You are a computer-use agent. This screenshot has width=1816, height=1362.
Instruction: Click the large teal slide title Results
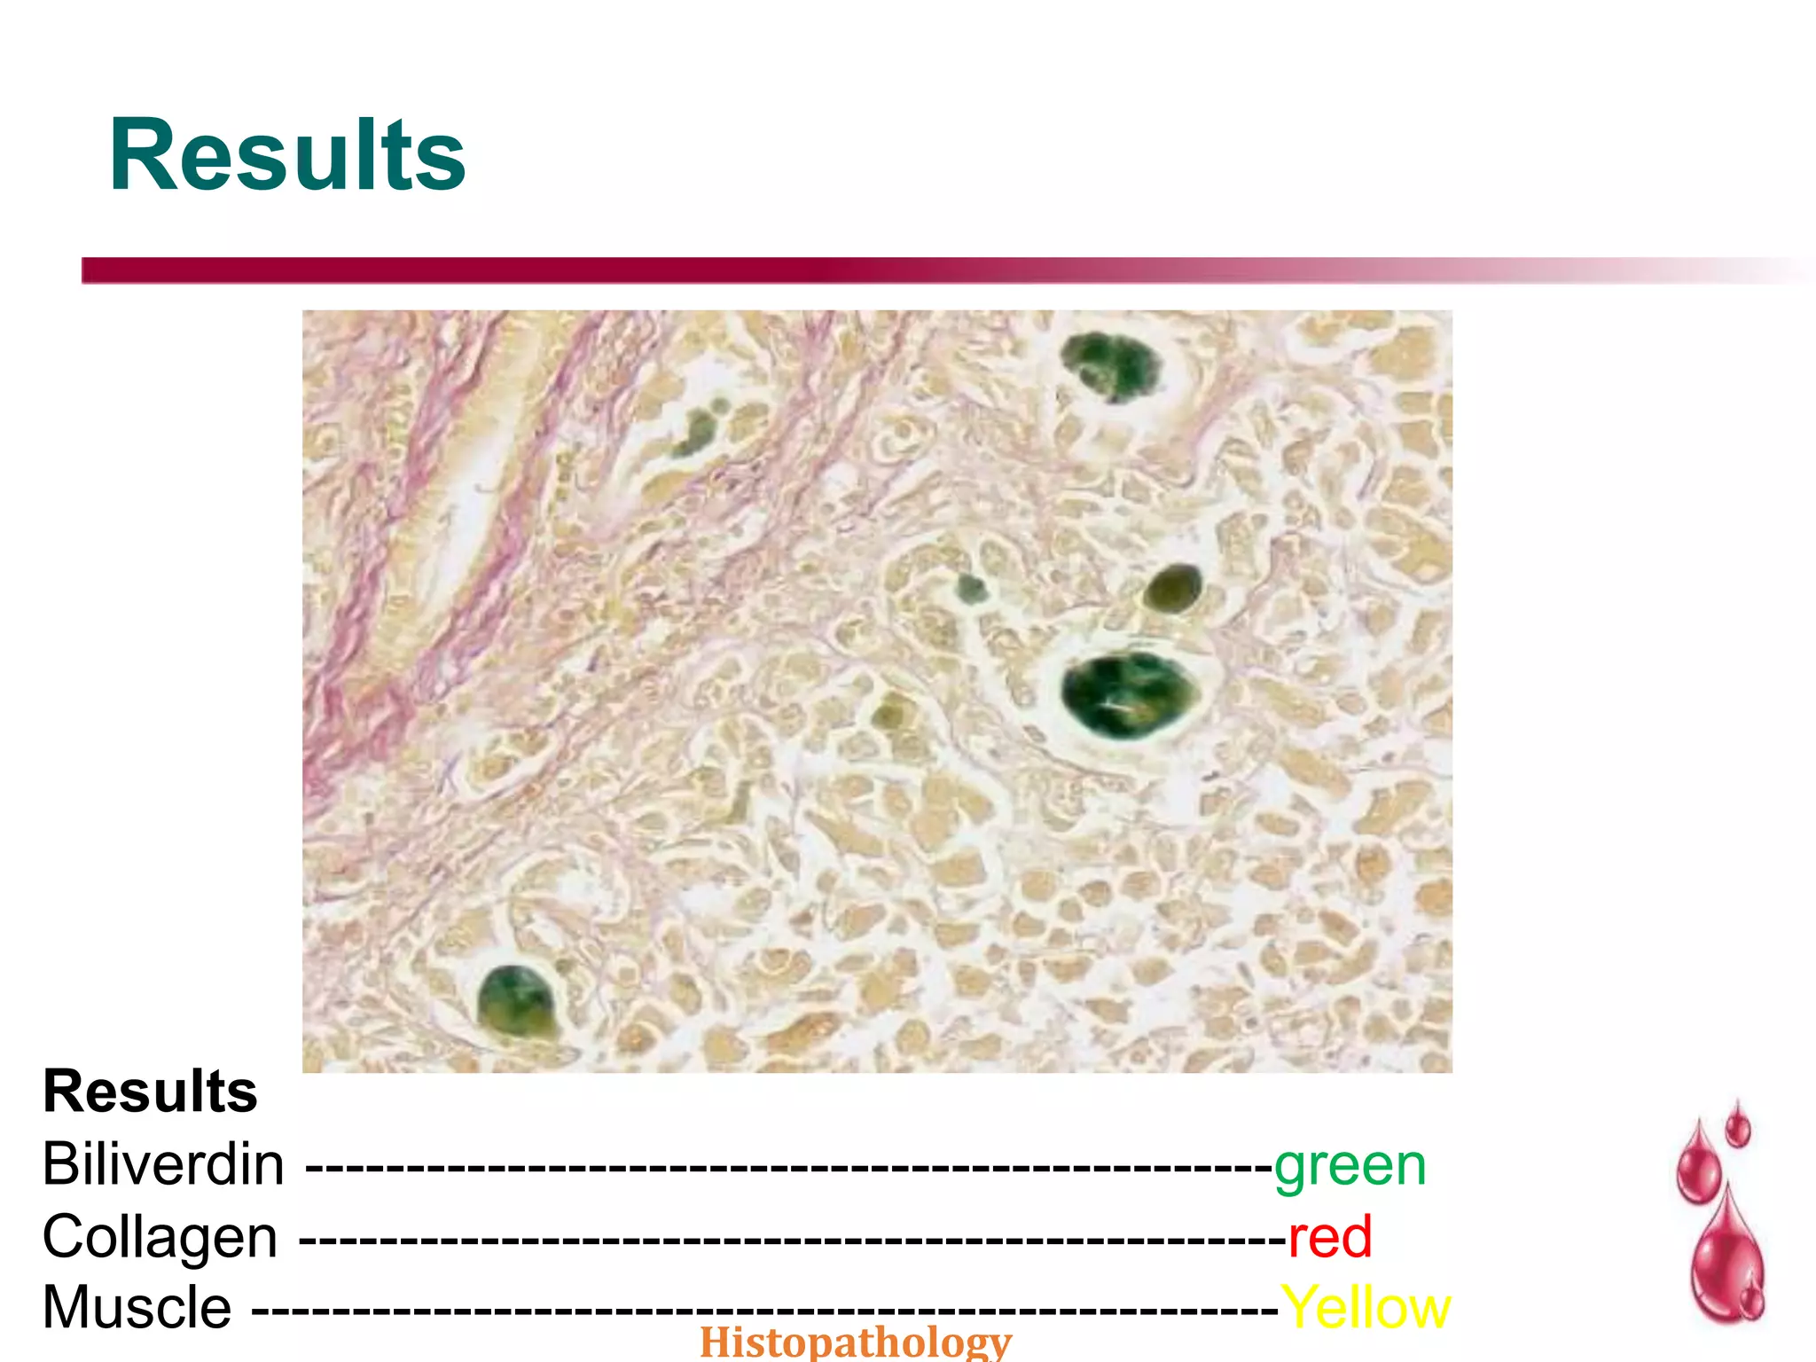click(x=287, y=155)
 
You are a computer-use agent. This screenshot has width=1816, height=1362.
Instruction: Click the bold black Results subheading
click(x=150, y=1091)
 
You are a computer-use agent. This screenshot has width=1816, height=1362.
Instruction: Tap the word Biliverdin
click(x=163, y=1163)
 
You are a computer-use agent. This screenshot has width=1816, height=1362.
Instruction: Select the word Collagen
click(x=160, y=1236)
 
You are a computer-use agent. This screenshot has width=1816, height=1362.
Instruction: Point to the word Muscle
click(x=137, y=1307)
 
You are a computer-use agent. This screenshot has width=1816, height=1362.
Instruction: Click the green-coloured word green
click(x=1350, y=1165)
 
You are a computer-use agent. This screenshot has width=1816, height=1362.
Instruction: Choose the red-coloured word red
click(x=1329, y=1237)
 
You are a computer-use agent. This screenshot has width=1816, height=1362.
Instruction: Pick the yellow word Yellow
click(x=1366, y=1307)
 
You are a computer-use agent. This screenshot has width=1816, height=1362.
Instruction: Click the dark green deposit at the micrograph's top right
click(x=1110, y=364)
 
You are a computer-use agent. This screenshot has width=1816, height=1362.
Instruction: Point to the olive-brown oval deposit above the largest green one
click(x=1172, y=588)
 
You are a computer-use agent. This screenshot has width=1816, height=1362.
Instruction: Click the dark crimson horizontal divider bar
click(x=532, y=270)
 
